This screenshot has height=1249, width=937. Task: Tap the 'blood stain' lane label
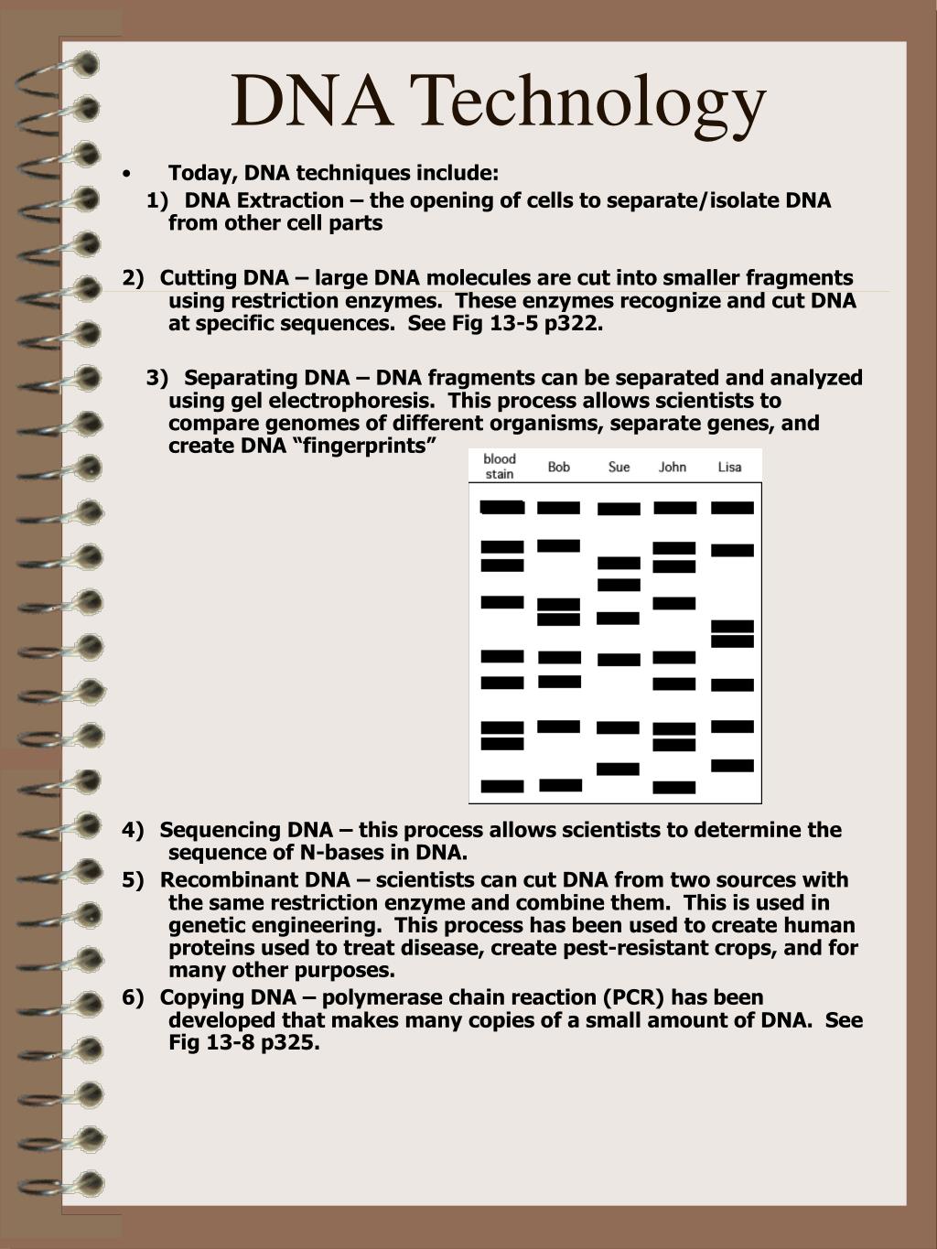coord(500,466)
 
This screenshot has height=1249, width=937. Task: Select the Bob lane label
coord(558,467)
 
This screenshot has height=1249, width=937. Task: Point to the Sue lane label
coord(619,467)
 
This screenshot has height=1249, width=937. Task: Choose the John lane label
coord(673,467)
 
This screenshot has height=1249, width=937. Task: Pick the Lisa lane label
coord(729,467)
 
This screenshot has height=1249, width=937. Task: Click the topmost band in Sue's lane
coord(619,509)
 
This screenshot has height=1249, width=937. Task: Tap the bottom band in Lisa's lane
coord(732,765)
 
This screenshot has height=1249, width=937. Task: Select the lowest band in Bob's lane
coord(560,785)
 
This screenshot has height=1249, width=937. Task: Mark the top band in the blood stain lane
coord(502,507)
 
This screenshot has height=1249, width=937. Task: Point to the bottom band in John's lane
coord(674,787)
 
